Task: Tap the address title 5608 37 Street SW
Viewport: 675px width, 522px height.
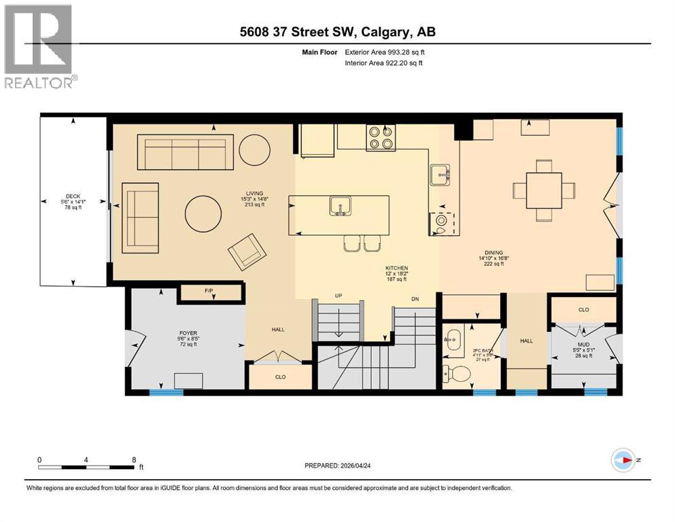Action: pyautogui.click(x=337, y=32)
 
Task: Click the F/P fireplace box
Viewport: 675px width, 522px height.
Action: pyautogui.click(x=210, y=293)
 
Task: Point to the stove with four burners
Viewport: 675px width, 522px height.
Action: pyautogui.click(x=381, y=138)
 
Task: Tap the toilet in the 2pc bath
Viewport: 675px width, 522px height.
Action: pyautogui.click(x=453, y=372)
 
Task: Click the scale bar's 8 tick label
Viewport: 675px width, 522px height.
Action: pyautogui.click(x=133, y=459)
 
